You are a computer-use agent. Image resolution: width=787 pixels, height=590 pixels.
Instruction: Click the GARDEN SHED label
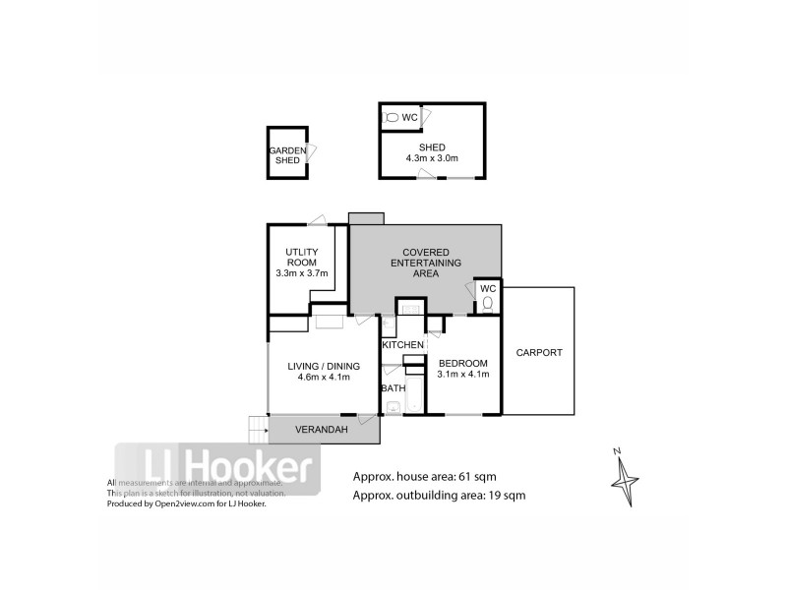287,154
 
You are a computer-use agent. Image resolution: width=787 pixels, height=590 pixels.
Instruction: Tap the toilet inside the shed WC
391,118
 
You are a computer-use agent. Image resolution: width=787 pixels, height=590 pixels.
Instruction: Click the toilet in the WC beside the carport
487,305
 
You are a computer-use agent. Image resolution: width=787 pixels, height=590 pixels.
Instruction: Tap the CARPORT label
538,353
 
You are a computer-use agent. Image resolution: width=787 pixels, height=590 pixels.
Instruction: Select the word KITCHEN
403,345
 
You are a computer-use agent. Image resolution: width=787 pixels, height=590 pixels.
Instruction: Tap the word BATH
393,388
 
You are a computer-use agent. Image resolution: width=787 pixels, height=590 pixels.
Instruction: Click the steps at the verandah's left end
258,429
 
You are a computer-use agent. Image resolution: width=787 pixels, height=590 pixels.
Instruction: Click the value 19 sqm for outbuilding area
506,496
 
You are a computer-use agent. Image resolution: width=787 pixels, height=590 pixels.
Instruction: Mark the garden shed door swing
313,152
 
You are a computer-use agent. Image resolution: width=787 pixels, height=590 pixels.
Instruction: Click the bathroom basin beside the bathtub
393,407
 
